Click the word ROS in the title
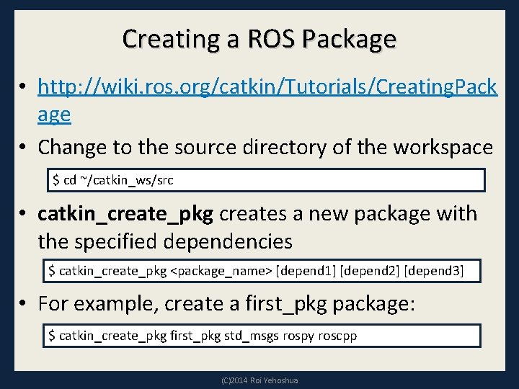(x=270, y=38)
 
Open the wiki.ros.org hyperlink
(x=267, y=87)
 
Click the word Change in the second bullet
(x=74, y=147)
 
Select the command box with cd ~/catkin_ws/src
(x=267, y=180)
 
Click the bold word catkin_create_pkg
(x=125, y=214)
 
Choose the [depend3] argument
(x=434, y=272)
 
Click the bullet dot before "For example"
(x=25, y=304)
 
